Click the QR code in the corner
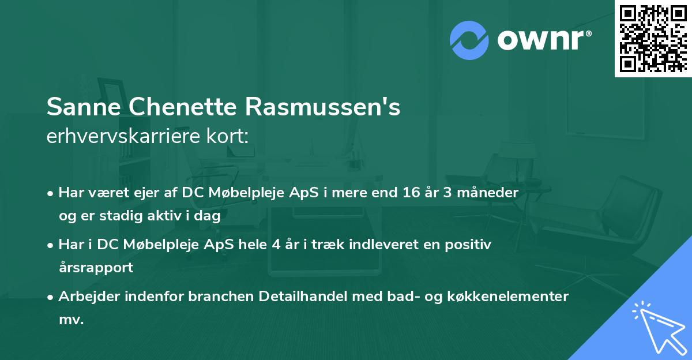click(653, 38)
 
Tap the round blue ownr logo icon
click(469, 39)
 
